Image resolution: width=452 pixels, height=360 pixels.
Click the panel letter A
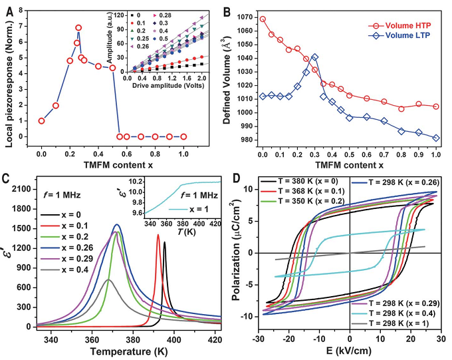pos(8,9)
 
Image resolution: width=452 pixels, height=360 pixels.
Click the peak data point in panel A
pos(78,28)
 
